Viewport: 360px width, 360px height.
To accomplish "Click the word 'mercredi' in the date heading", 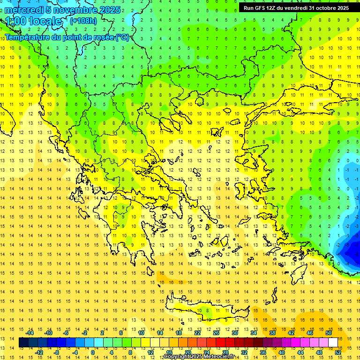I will [23, 10].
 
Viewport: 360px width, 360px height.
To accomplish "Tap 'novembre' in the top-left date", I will [72, 10].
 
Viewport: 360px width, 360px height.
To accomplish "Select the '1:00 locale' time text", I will [34, 21].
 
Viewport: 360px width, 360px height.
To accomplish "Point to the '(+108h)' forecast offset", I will [83, 21].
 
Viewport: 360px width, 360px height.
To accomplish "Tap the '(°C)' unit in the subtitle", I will [122, 37].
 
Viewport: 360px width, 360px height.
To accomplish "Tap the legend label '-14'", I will [30, 333].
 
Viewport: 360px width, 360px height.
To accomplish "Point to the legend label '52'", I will [338, 352].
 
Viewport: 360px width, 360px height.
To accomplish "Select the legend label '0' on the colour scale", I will [93, 352].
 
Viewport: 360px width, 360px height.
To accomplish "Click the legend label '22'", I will [198, 333].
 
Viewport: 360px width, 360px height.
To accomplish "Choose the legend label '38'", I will [272, 333].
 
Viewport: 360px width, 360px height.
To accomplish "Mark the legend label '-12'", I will [39, 352].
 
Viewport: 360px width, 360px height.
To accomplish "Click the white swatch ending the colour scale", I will [333, 343].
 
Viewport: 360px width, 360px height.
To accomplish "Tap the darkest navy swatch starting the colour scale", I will [23, 343].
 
